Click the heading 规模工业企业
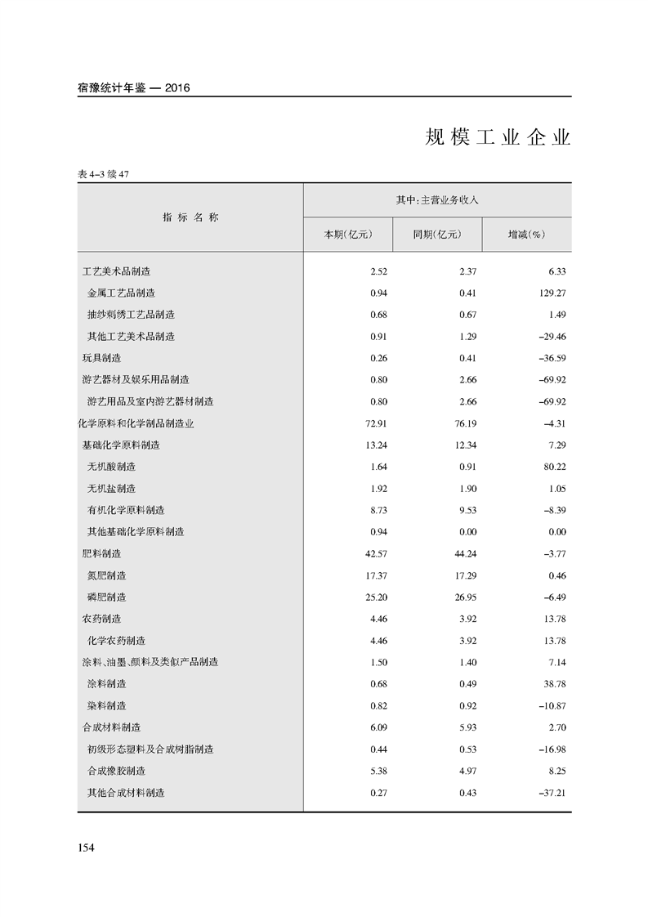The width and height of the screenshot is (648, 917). point(497,137)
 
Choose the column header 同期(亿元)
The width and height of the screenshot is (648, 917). point(437,235)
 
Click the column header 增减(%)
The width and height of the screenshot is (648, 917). point(526,235)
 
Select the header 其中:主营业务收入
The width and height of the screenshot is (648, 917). point(436,199)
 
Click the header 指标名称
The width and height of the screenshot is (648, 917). point(190,217)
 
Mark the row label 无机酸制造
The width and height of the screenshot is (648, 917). point(111,467)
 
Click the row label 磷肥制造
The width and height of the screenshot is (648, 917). point(106,597)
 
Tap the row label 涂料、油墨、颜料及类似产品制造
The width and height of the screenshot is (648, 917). point(150,662)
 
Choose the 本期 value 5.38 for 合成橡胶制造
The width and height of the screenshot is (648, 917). point(364,771)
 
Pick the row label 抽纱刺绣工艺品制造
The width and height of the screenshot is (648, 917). point(131,315)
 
